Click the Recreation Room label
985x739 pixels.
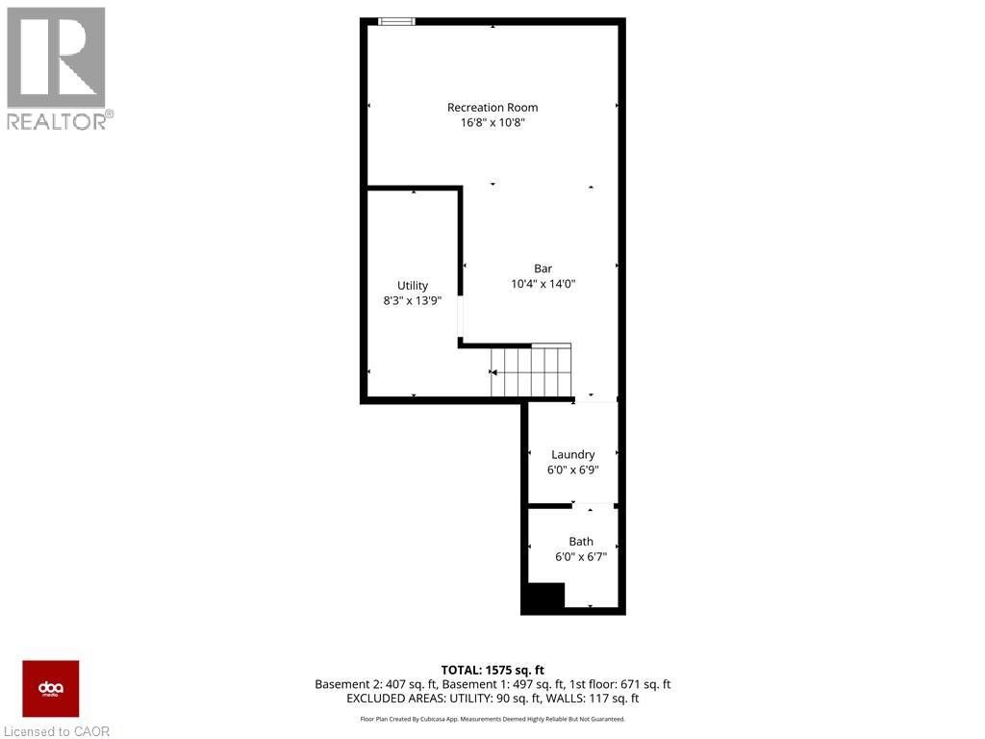pos(492,108)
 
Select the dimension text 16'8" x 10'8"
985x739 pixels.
pos(492,123)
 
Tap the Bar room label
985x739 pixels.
pos(543,268)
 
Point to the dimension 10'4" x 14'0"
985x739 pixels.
pos(543,284)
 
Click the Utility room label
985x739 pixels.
pos(413,286)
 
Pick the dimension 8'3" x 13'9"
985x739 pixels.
pos(413,301)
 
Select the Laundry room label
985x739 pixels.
pos(573,454)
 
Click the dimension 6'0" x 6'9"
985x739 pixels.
pos(573,470)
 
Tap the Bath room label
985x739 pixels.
pos(581,542)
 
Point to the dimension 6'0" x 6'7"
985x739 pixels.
pos(581,557)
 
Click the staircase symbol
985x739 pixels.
pos(531,371)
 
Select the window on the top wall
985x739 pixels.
pos(396,21)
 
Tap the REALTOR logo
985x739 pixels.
pos(58,67)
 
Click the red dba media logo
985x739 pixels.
pos(51,689)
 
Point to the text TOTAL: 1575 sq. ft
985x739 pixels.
pos(492,669)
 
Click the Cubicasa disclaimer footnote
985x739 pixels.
pos(492,719)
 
